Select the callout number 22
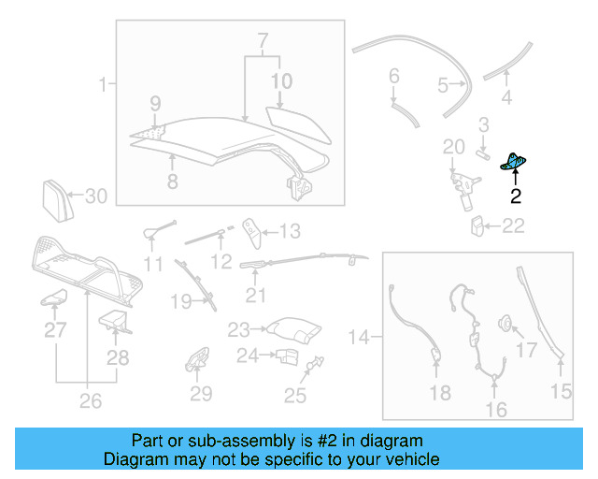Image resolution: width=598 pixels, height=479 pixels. pyautogui.click(x=514, y=225)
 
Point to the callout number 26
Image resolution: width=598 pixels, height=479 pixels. pyautogui.click(x=89, y=402)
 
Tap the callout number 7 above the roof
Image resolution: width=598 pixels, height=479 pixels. pyautogui.click(x=263, y=41)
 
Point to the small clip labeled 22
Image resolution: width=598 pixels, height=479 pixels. pyautogui.click(x=477, y=225)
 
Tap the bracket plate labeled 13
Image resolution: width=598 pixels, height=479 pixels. pyautogui.click(x=250, y=229)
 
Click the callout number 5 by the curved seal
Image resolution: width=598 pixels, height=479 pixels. pyautogui.click(x=443, y=86)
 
